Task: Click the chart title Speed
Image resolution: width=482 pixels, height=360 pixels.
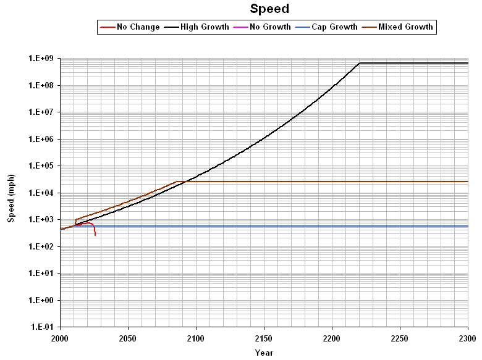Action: (269, 9)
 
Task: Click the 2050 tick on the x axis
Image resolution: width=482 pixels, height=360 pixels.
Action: (128, 339)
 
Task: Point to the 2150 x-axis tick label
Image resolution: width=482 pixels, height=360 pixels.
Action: (264, 339)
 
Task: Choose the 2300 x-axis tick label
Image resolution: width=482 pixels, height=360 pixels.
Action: (468, 339)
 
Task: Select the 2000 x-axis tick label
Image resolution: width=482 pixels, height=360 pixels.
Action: (60, 339)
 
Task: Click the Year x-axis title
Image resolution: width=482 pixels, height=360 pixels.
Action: (264, 353)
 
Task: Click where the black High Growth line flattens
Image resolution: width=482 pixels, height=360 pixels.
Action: (360, 63)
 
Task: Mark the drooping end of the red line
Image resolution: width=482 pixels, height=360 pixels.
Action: (95, 235)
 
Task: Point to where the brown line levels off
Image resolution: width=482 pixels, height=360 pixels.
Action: (177, 182)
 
